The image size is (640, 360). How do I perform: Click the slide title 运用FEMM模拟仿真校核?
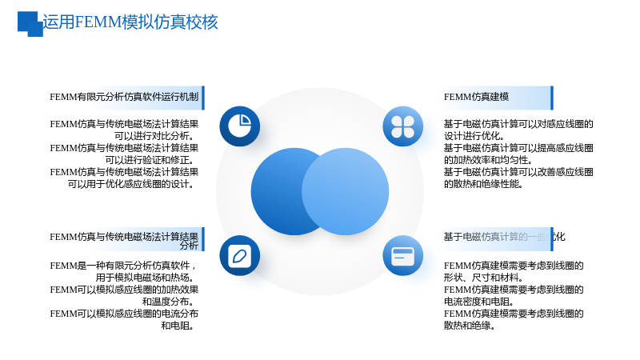[x=130, y=22]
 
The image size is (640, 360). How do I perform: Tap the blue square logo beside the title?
[x=30, y=24]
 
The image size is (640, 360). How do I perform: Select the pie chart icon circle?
[x=239, y=126]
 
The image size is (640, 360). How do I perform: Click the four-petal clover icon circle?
[x=403, y=126]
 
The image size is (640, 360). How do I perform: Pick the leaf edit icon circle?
[x=239, y=255]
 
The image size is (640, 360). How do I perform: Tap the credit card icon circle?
[x=403, y=255]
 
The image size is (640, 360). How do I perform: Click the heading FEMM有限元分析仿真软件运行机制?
[x=124, y=97]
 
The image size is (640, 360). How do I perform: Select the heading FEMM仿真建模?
[x=476, y=97]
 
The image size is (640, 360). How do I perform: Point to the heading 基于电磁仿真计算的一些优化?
[x=504, y=237]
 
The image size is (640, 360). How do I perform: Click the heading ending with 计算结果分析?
[x=124, y=241]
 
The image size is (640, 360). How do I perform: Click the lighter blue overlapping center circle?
[x=346, y=191]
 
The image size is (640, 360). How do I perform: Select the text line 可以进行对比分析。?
[x=154, y=136]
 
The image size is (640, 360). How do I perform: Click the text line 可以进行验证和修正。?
[x=150, y=160]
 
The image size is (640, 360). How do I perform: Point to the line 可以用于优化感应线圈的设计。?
[x=131, y=184]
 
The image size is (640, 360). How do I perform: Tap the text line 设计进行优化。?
[x=474, y=136]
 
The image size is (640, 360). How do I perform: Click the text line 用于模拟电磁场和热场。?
[x=146, y=278]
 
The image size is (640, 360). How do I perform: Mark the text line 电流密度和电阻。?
[x=478, y=302]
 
